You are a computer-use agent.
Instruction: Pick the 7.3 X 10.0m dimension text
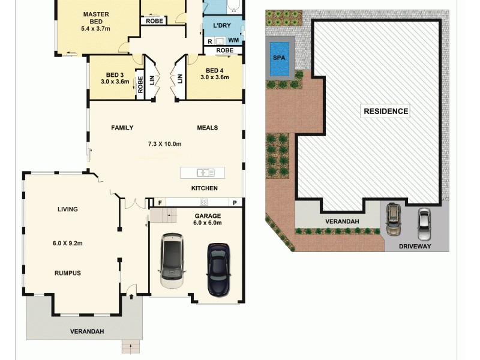pyautogui.click(x=165, y=144)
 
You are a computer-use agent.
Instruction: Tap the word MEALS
pyautogui.click(x=208, y=128)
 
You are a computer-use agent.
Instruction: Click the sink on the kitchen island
pyautogui.click(x=205, y=173)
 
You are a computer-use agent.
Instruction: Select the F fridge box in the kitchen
pyautogui.click(x=160, y=202)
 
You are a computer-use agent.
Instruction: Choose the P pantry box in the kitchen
pyautogui.click(x=235, y=202)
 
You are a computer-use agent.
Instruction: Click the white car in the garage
pyautogui.click(x=172, y=262)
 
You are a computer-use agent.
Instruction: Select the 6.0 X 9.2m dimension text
pyautogui.click(x=67, y=243)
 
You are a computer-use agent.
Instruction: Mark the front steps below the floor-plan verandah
pyautogui.click(x=130, y=346)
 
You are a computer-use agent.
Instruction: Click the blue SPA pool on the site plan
pyautogui.click(x=280, y=59)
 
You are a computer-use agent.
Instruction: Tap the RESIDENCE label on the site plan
pyautogui.click(x=386, y=111)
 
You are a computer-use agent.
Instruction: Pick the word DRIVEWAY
pyautogui.click(x=415, y=246)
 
